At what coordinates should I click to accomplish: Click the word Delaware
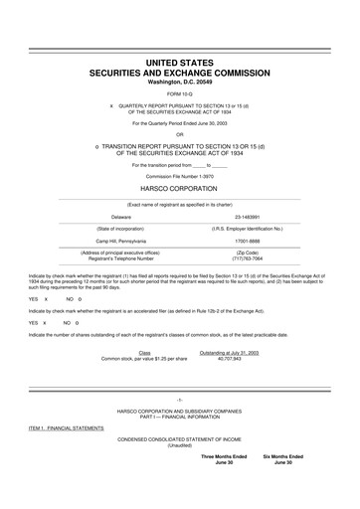[x=121, y=215]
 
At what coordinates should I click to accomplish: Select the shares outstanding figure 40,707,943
[x=230, y=357]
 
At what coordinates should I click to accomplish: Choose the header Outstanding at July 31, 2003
[x=230, y=351]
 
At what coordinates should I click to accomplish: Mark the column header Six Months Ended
[x=283, y=455]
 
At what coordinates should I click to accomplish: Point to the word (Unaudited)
[x=180, y=444]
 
